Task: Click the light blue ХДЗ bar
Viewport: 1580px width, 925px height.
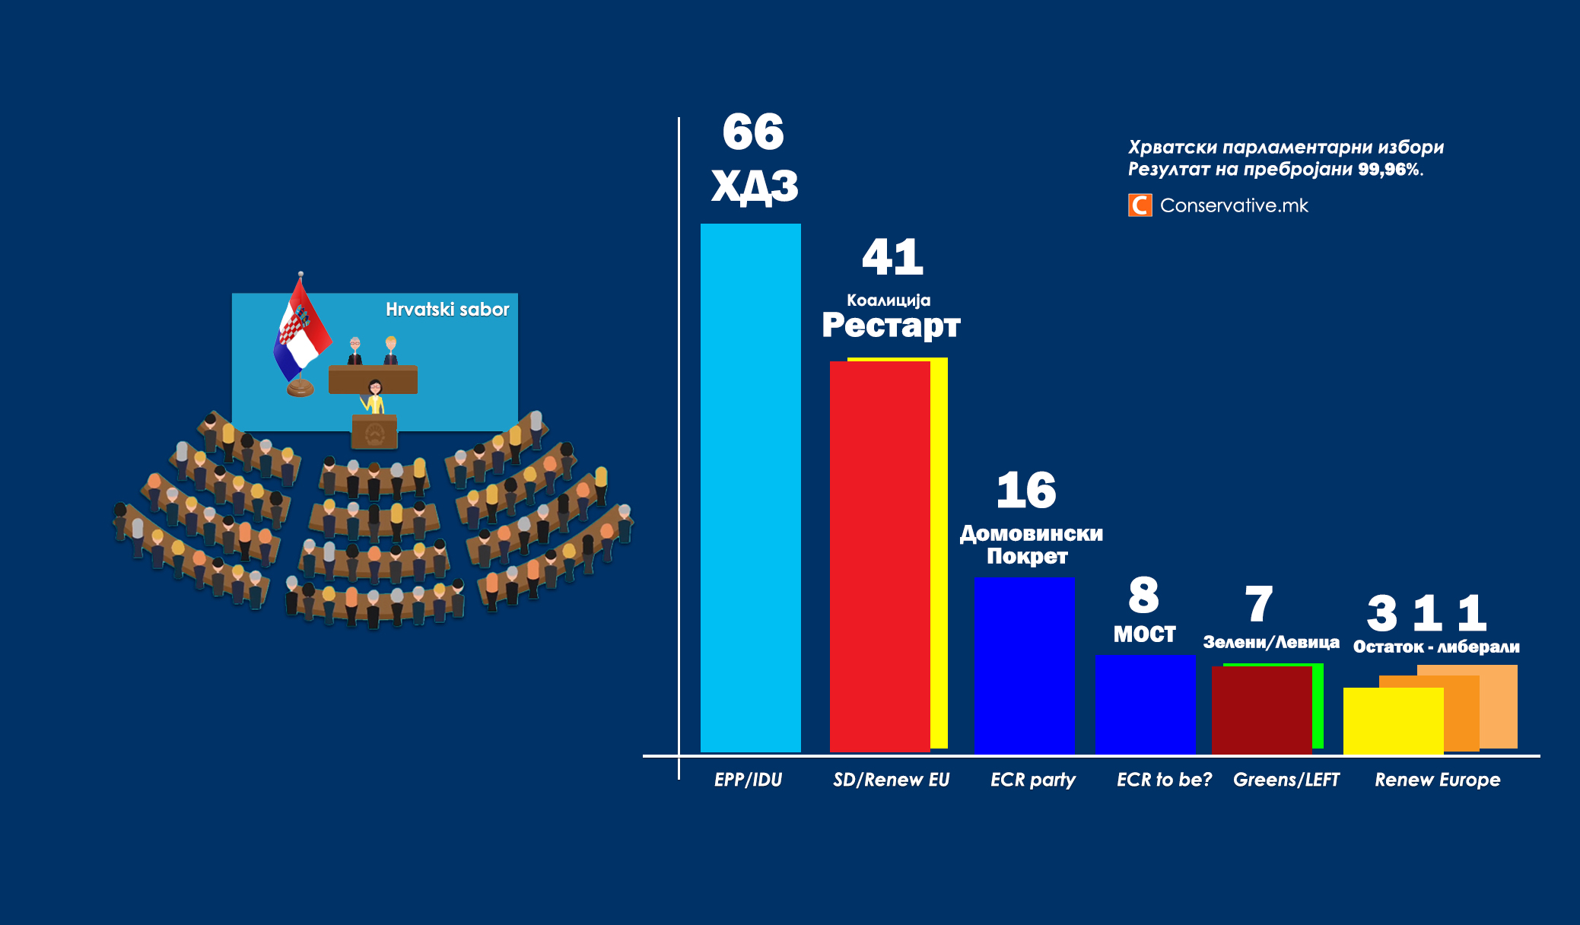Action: [750, 487]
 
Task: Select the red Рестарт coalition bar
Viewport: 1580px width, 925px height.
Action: [879, 555]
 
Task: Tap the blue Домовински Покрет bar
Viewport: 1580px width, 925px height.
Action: [1024, 665]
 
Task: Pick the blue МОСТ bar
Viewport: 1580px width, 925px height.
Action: [1144, 704]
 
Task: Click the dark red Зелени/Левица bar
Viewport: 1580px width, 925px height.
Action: [1261, 709]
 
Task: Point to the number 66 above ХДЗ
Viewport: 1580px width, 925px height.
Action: [752, 132]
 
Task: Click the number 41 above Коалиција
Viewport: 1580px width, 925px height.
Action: [892, 257]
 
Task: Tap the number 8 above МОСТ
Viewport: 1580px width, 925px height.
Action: [1143, 595]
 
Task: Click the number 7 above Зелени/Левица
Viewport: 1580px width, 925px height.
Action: [1259, 604]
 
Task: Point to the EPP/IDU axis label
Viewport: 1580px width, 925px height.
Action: [748, 780]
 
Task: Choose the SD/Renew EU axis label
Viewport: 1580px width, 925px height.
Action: [891, 780]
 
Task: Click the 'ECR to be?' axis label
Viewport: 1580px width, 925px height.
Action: [1164, 780]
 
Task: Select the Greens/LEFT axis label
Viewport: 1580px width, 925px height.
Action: [1286, 780]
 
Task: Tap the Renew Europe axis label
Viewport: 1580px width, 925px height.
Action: [1437, 780]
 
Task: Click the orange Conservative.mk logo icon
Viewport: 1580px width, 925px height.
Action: [1140, 205]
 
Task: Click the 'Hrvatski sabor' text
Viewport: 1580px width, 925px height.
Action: [447, 310]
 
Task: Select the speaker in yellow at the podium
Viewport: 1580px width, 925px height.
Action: [374, 397]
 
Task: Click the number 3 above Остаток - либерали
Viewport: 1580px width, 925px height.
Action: [1381, 613]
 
